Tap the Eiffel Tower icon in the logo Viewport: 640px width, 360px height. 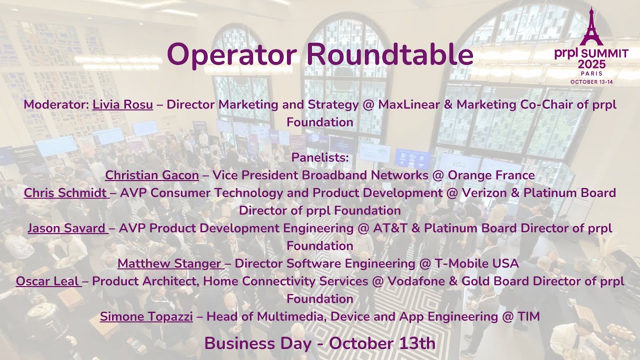591,27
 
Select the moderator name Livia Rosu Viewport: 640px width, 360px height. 122,105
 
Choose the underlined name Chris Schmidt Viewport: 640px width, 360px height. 65,193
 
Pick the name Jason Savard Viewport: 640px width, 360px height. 67,228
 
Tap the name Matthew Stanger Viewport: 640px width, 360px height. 169,263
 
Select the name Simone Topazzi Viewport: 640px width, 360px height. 146,316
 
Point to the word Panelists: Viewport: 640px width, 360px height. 319,158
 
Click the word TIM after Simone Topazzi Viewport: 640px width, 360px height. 528,316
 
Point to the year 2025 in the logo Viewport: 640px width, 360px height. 591,64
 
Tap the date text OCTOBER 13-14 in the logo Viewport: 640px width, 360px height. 591,81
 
